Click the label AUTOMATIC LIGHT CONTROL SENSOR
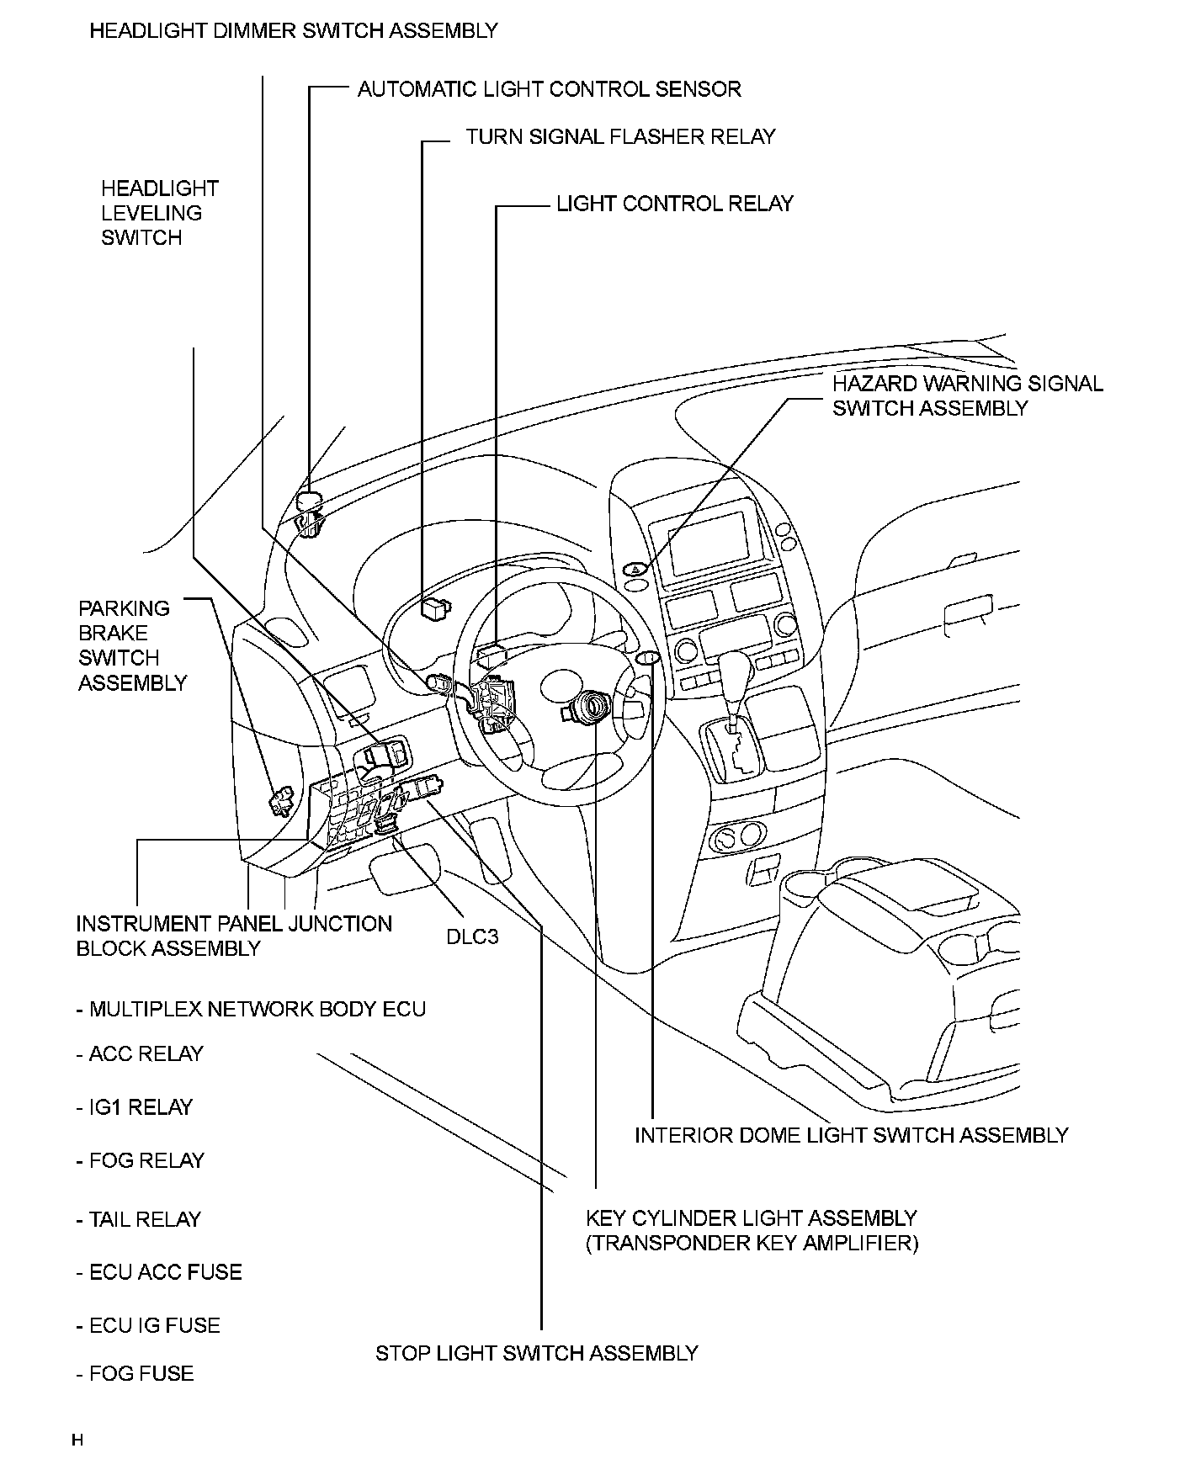click(549, 89)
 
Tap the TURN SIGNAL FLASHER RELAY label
click(620, 136)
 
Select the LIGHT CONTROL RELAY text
click(674, 204)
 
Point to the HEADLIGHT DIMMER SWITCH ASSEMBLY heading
click(294, 31)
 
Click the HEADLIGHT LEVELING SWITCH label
click(159, 213)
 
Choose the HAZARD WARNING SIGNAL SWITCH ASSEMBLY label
click(967, 395)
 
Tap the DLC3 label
click(472, 936)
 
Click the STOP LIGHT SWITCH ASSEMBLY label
click(536, 1353)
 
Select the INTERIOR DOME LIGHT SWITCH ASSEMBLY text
click(851, 1135)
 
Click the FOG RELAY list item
click(141, 1160)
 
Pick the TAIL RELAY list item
click(139, 1219)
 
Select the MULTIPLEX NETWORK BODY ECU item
click(251, 1009)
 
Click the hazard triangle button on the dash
click(635, 570)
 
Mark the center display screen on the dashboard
click(708, 541)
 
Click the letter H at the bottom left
click(77, 1440)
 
